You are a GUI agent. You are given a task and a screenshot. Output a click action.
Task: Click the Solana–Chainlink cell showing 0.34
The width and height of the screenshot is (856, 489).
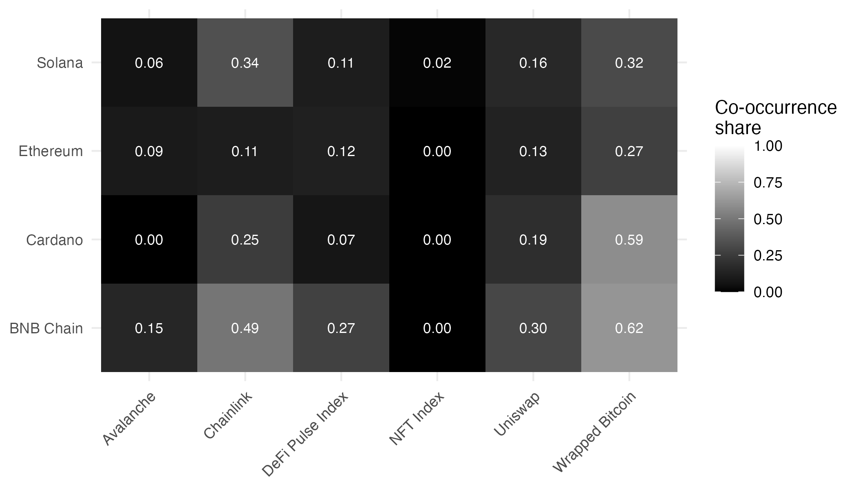click(245, 63)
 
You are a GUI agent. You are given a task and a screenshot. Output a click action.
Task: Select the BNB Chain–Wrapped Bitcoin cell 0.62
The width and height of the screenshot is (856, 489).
click(629, 328)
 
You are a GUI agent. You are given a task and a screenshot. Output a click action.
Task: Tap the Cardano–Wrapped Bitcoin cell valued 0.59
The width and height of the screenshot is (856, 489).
click(629, 240)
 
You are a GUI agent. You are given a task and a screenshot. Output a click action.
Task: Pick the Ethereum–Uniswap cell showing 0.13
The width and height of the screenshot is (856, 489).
click(533, 151)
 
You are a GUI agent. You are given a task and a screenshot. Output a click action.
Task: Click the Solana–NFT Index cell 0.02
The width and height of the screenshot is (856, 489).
click(437, 63)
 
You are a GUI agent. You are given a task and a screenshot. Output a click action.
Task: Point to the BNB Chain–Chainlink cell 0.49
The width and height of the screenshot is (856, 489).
click(245, 328)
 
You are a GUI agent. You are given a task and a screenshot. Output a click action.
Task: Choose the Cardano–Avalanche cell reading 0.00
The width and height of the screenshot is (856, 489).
click(149, 240)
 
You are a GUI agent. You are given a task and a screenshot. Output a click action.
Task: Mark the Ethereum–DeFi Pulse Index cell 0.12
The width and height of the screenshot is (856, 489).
click(341, 151)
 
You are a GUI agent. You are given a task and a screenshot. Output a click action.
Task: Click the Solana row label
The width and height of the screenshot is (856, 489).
click(60, 63)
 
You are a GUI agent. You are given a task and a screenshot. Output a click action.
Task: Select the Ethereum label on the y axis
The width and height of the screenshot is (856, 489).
click(51, 151)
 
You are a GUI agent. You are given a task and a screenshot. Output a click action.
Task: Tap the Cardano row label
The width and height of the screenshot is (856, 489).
click(54, 240)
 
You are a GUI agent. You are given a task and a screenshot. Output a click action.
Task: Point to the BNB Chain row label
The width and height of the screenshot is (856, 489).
click(46, 328)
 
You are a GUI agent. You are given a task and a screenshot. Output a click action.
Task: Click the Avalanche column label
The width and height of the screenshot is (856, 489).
click(129, 419)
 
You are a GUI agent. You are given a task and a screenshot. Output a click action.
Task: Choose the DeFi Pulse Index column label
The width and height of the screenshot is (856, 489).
click(306, 434)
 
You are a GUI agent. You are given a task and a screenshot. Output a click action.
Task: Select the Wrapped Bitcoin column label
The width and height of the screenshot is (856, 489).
click(594, 432)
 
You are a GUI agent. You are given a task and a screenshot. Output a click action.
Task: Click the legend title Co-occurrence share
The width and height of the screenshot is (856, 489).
click(775, 117)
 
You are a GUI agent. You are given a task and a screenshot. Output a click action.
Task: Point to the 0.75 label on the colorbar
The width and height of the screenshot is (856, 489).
click(768, 183)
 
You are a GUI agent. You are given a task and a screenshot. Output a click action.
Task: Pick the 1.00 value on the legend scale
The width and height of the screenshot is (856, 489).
click(768, 146)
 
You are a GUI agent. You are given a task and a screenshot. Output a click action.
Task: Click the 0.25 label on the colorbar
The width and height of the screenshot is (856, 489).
click(768, 256)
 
